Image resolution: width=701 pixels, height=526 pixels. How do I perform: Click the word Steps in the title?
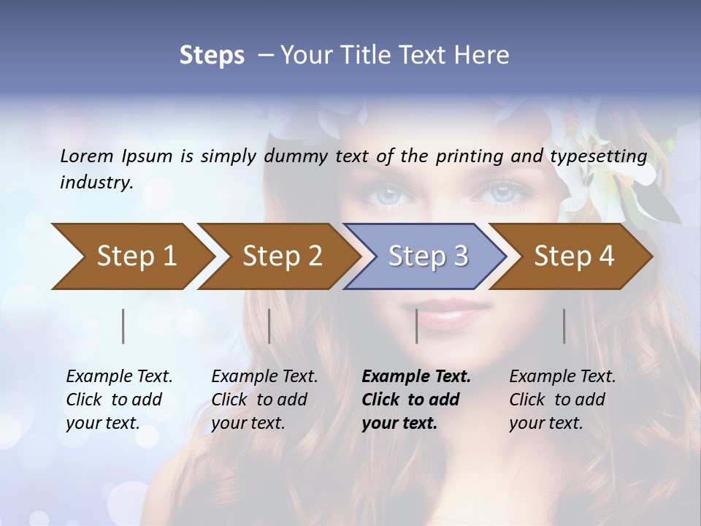212,55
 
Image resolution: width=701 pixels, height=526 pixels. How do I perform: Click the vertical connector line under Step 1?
123,326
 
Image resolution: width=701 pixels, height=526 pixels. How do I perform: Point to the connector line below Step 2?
269,326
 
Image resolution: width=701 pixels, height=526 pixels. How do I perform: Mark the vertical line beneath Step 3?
416,326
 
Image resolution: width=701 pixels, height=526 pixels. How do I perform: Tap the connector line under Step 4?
564,326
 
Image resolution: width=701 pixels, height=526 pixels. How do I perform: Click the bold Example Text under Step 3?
416,400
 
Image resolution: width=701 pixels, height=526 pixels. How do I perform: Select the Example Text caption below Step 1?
119,400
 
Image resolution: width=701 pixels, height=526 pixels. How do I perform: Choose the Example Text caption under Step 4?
562,400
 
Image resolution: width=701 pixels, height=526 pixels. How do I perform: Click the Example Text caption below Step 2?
264,400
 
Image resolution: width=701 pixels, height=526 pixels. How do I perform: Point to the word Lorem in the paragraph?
87,156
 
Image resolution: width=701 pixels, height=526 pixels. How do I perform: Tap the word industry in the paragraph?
96,183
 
